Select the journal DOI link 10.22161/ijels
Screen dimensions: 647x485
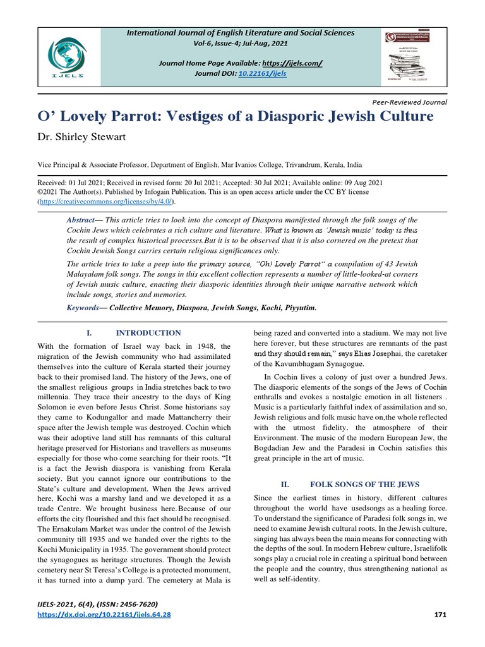point(262,73)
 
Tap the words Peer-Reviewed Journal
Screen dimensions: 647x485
point(410,102)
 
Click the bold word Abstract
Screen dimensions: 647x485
point(80,220)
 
